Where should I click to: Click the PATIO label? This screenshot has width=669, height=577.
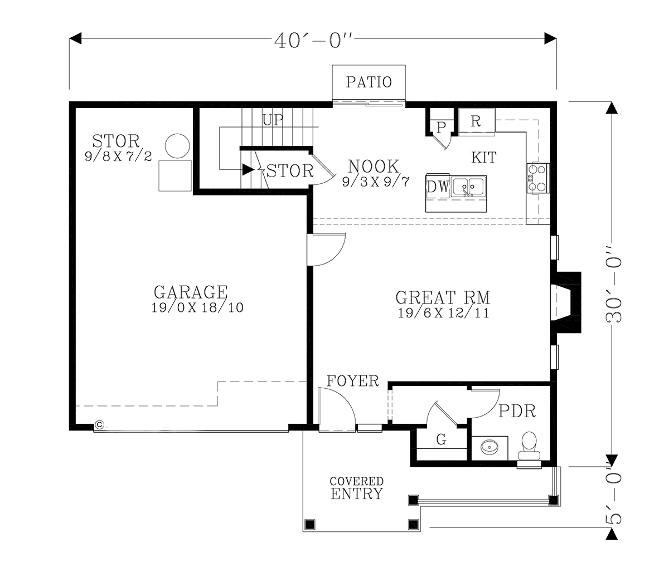point(369,82)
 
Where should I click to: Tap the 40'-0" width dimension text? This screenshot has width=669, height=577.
point(313,41)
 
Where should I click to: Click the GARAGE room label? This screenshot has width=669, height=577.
point(191,292)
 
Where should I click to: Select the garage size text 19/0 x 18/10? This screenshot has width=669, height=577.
point(197,307)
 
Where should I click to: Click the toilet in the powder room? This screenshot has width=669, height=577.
point(529,446)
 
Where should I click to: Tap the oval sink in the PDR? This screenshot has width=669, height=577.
point(489,448)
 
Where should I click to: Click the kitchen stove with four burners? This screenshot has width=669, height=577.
point(537,178)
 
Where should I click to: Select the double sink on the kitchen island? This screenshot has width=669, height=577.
point(468,187)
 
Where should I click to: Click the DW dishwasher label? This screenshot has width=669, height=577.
point(438,187)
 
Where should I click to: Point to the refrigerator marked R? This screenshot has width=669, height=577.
point(477,122)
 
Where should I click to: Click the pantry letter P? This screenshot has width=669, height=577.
point(441,127)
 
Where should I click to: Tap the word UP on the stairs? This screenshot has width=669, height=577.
point(273,120)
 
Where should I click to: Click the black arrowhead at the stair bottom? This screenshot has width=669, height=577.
point(248,169)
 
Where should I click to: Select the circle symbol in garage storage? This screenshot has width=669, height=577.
point(177,146)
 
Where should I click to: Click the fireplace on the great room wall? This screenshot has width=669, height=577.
point(566,302)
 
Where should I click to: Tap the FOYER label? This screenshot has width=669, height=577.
point(353,381)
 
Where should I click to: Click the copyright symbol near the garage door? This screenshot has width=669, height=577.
point(99,424)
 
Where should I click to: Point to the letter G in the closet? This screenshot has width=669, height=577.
point(442,439)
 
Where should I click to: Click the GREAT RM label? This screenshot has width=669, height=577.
point(443,297)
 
